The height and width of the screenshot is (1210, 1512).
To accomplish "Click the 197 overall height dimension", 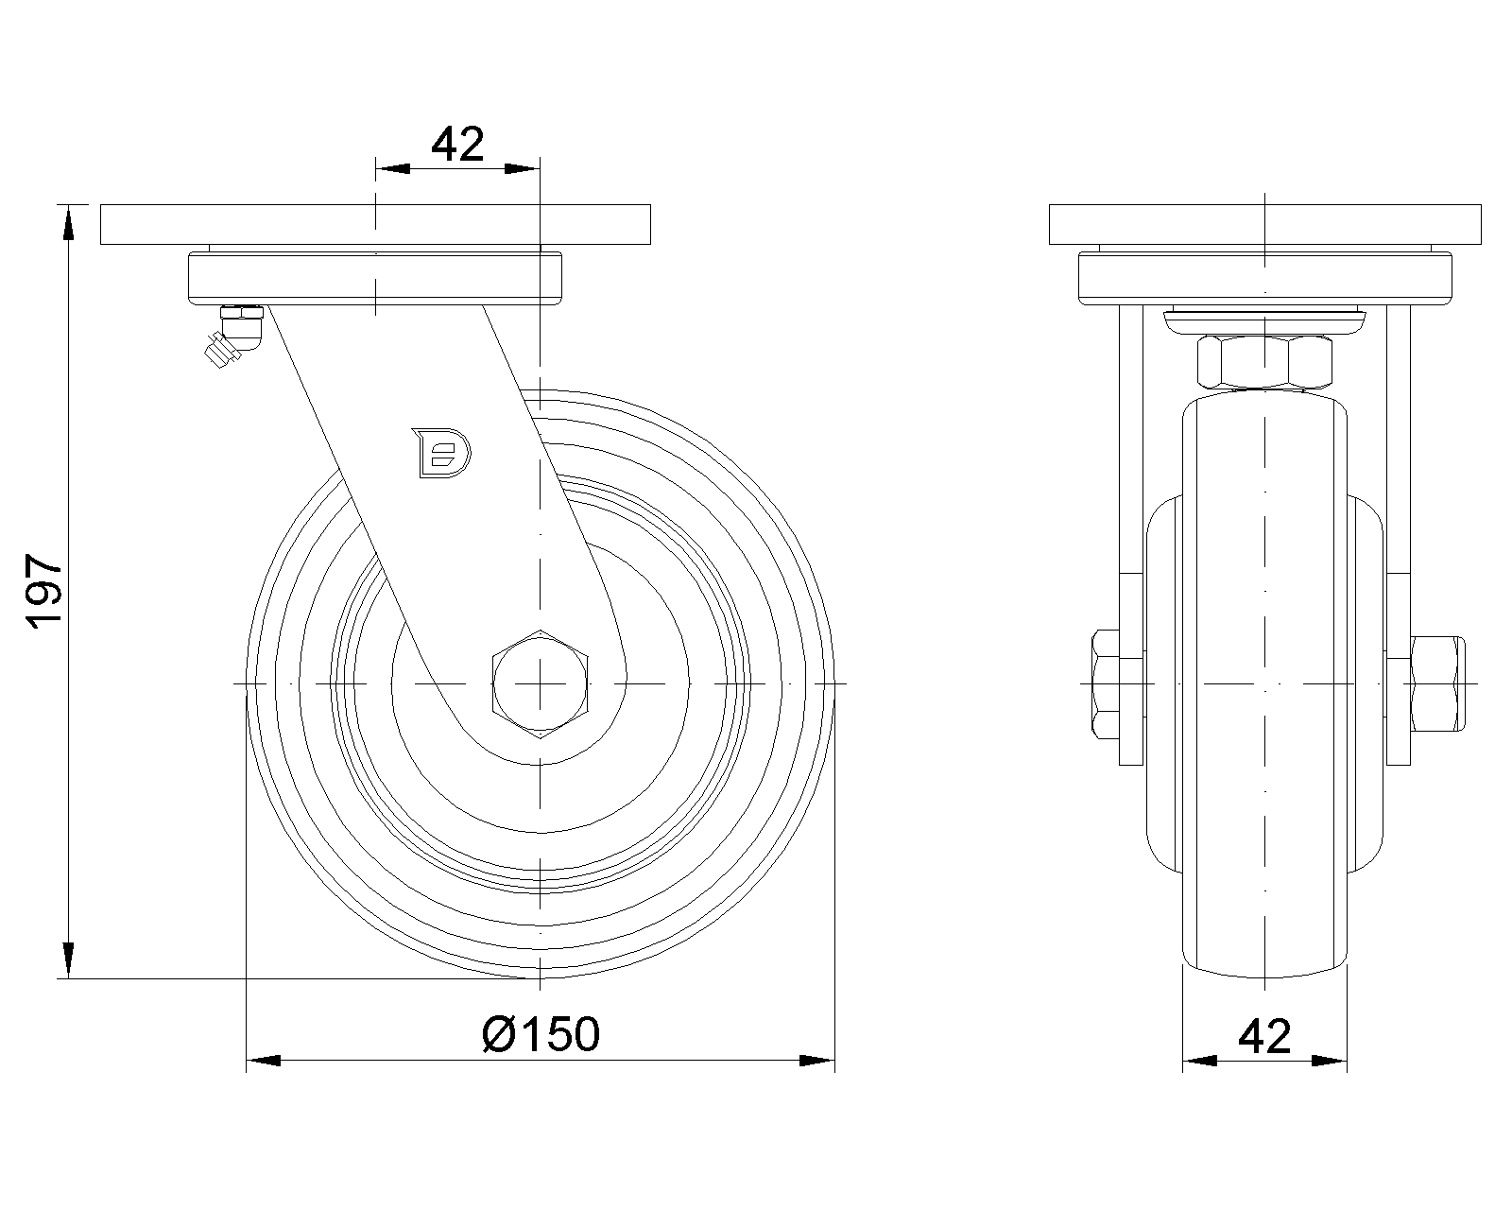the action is [x=44, y=590].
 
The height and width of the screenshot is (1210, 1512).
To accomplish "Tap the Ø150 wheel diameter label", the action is [x=541, y=1034].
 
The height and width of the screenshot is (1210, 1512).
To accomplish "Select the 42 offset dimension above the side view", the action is [x=457, y=145].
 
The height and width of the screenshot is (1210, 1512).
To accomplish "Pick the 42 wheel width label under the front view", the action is [x=1264, y=1036].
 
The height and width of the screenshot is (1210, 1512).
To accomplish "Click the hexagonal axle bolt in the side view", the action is [x=541, y=683].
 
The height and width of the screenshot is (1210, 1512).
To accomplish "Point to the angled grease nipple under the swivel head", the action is [x=232, y=335].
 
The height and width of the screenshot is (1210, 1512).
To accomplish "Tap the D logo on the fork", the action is [x=442, y=453].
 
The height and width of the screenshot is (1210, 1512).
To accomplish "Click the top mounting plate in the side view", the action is [x=375, y=224].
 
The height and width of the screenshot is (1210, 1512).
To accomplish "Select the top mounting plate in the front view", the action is [x=1264, y=224].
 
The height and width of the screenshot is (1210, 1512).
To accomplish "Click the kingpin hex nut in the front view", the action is [x=1264, y=362].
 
